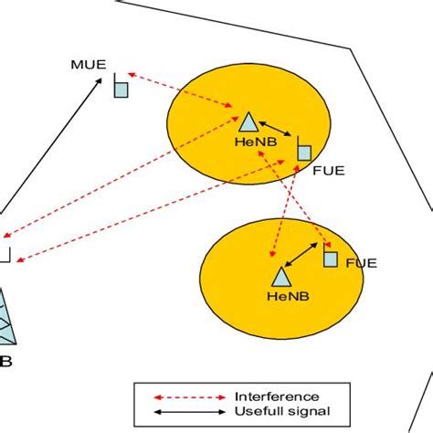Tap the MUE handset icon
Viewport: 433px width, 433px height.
[119, 86]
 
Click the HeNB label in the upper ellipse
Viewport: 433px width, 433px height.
[248, 144]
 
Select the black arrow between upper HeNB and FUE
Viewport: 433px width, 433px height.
[276, 130]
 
